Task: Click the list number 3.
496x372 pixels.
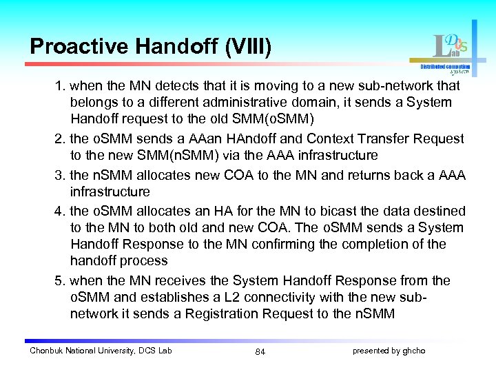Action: click(x=60, y=175)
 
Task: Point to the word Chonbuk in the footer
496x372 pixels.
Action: click(x=46, y=351)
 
